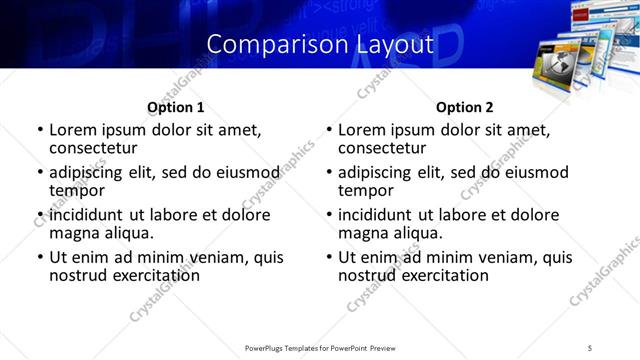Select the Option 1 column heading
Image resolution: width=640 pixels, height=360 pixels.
click(176, 107)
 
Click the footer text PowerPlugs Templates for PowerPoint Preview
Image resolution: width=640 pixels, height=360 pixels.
click(320, 347)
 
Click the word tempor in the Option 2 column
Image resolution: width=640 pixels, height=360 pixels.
click(362, 191)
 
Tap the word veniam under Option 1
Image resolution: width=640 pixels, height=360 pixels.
click(193, 257)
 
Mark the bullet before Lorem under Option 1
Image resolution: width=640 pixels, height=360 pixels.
click(40, 131)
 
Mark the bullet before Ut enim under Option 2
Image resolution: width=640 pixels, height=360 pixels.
click(329, 257)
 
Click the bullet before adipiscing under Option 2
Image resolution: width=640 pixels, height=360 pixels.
click(329, 173)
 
